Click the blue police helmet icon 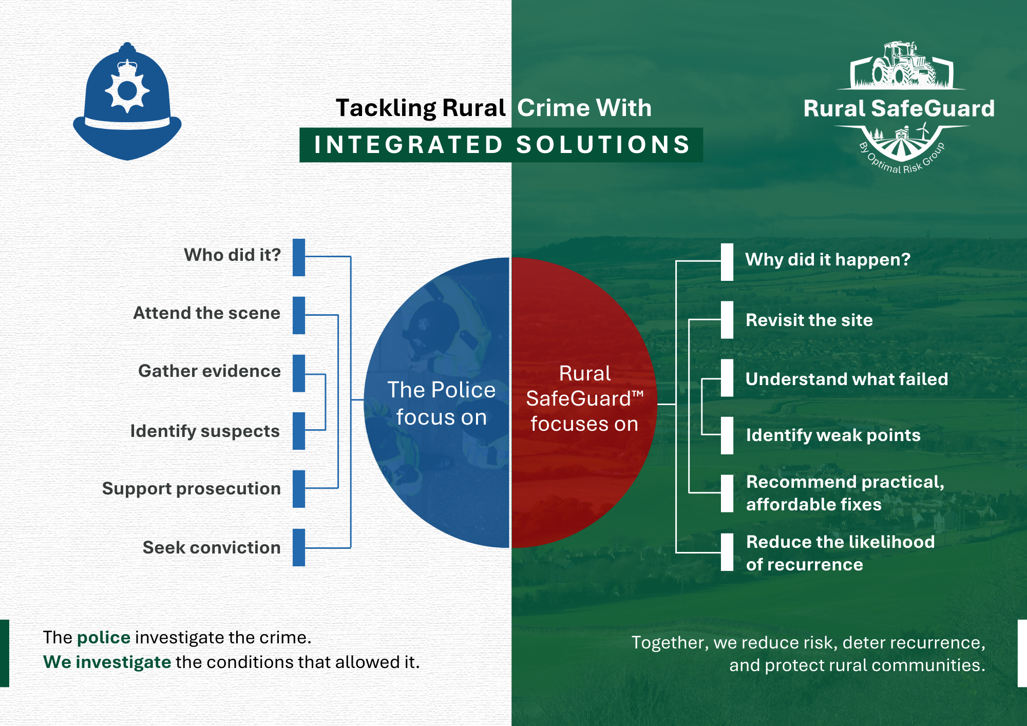127,103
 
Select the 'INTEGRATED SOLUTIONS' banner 501,145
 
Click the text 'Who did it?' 232,255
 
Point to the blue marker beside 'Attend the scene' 299,315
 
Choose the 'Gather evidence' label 210,371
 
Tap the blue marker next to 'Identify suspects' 299,431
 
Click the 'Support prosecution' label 192,488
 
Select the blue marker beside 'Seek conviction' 299,547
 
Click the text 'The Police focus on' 441,404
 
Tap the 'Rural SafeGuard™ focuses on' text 584,398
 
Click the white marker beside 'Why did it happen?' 727,262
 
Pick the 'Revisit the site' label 809,320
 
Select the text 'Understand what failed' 847,379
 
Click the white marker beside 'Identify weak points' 727,435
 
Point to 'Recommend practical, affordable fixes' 845,493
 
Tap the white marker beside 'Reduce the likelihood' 727,552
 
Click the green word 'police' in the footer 104,638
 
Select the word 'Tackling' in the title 386,108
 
